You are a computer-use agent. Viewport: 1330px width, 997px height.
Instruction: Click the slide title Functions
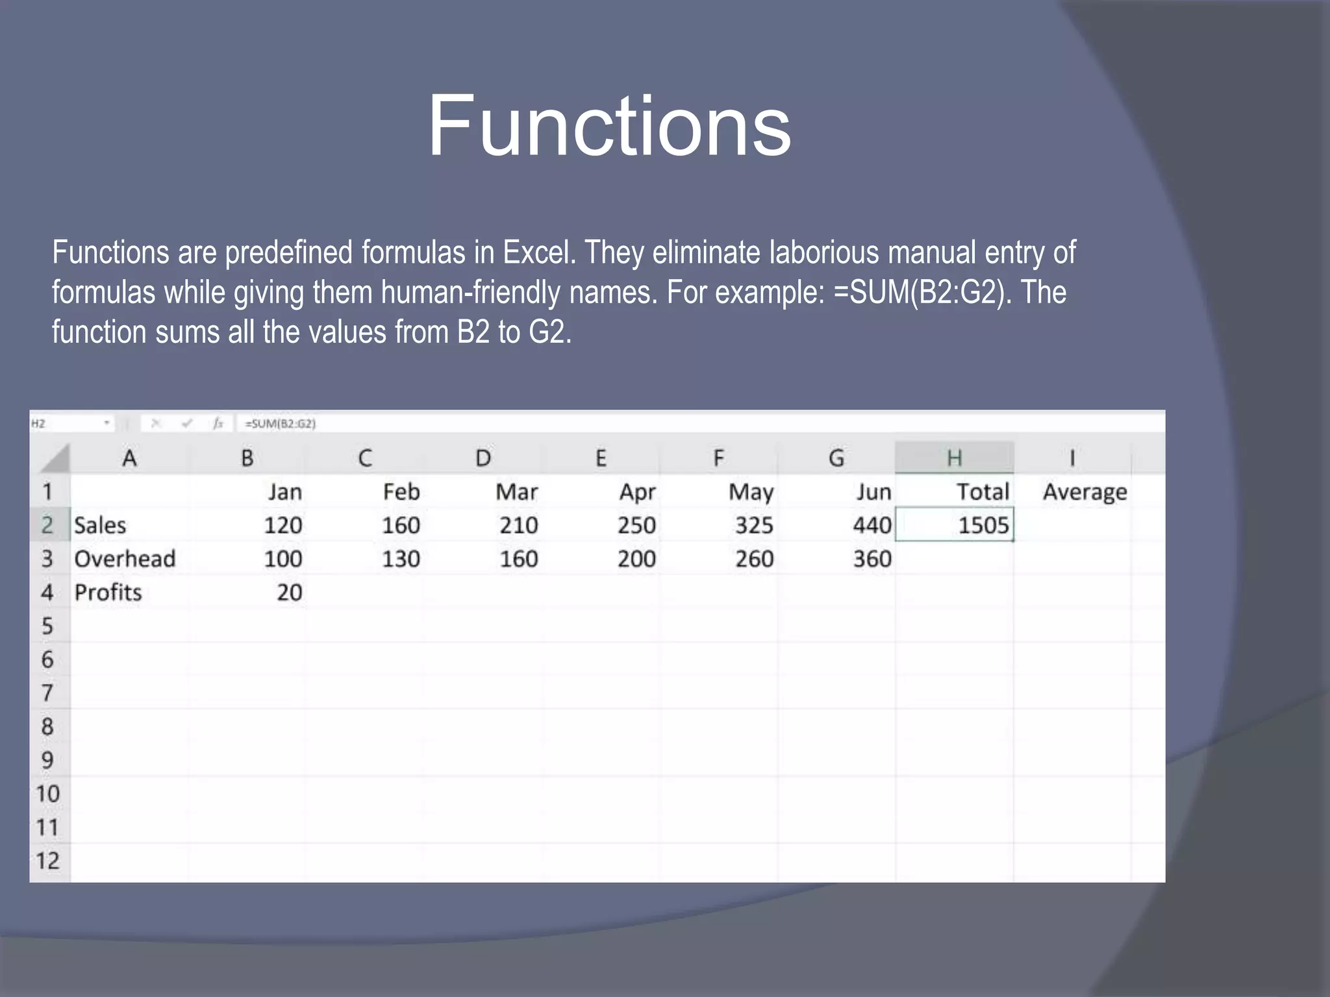[x=609, y=126]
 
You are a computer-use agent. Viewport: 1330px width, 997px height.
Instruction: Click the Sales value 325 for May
[x=753, y=525]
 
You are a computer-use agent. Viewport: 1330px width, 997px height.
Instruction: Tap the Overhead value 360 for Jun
[x=872, y=559]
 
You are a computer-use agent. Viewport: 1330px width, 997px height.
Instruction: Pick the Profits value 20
[x=289, y=593]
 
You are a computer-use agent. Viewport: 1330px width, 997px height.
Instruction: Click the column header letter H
[x=954, y=458]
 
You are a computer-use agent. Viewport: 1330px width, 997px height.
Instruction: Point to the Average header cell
[x=1085, y=492]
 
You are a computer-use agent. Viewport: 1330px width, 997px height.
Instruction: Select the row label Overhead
[x=125, y=559]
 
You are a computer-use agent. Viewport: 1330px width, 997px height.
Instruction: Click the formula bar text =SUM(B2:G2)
[x=280, y=424]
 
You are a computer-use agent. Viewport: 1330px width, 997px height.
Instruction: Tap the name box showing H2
[x=65, y=424]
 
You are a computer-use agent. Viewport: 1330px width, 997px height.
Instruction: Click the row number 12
[x=47, y=861]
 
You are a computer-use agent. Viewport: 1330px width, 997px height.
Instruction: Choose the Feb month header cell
[x=401, y=492]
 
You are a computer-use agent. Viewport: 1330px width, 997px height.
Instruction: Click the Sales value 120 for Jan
[x=282, y=525]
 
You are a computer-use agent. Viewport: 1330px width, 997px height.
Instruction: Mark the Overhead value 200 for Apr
[x=636, y=559]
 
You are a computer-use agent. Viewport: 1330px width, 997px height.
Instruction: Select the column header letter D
[x=483, y=458]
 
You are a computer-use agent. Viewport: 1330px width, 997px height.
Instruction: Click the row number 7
[x=47, y=693]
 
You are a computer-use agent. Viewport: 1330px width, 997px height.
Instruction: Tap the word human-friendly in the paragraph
[x=471, y=292]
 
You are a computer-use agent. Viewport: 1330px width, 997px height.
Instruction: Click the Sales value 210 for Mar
[x=518, y=525]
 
